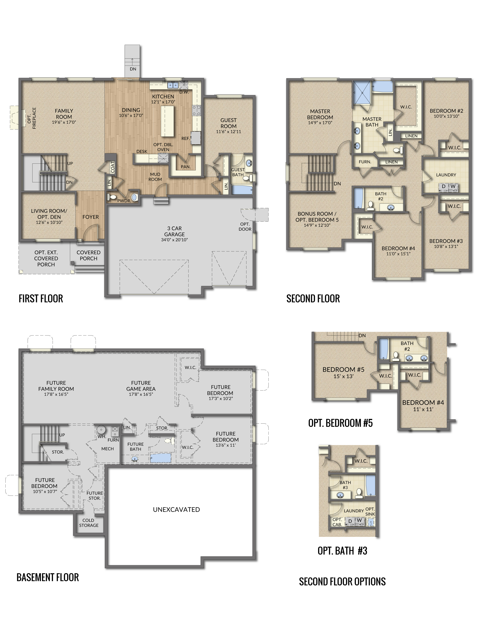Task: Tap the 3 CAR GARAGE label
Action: point(174,231)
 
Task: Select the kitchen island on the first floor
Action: point(167,121)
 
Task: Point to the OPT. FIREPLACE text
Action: point(32,118)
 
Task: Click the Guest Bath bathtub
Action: point(242,190)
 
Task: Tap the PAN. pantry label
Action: point(185,167)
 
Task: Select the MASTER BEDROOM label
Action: point(320,114)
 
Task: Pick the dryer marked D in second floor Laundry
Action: point(443,186)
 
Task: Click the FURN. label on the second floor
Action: point(365,162)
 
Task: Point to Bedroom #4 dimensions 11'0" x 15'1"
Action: point(398,254)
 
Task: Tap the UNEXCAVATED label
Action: point(176,509)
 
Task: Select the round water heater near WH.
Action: point(101,430)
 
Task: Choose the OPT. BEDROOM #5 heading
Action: point(340,423)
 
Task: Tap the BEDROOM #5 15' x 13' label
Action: point(343,373)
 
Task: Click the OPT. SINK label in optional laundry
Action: point(370,512)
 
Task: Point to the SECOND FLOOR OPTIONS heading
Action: point(342,581)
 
